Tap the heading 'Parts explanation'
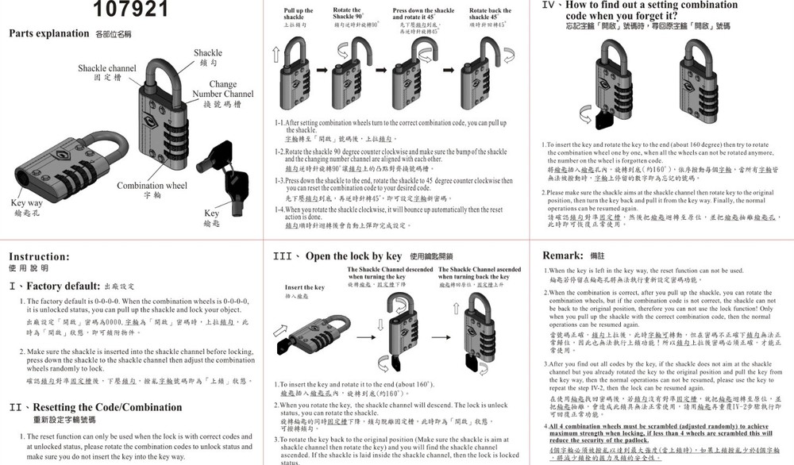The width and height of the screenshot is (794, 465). click(48, 33)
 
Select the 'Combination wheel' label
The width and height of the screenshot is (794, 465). click(152, 186)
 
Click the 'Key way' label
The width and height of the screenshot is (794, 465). click(26, 203)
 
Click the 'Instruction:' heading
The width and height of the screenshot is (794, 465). click(39, 256)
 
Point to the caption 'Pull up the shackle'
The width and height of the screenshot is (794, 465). click(299, 13)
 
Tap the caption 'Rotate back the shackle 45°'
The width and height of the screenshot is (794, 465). click(490, 13)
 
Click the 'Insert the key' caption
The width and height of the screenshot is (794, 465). click(305, 287)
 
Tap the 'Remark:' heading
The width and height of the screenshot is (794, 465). click(563, 256)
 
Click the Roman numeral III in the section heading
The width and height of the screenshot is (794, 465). click(283, 256)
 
